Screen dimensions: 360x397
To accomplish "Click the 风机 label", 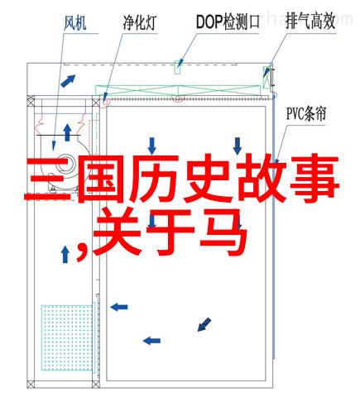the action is [x=75, y=23].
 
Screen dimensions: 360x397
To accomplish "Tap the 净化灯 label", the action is [x=140, y=22].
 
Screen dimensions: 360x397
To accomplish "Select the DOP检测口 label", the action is [x=228, y=22].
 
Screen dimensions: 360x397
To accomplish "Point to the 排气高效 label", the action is [x=310, y=22].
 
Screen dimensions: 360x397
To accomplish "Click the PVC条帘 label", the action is [x=306, y=114].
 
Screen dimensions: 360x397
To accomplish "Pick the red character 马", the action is [x=223, y=232].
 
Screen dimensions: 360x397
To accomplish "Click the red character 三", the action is [x=46, y=179].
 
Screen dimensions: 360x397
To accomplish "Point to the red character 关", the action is [x=118, y=233].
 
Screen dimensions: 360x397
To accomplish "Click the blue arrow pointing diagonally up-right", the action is [x=68, y=81].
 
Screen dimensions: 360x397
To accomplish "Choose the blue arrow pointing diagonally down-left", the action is [x=204, y=324].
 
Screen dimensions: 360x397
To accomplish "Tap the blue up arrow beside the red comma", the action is [x=65, y=254].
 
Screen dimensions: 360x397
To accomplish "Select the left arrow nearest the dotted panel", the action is [x=119, y=307].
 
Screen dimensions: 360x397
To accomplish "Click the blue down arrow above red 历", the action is [x=151, y=146].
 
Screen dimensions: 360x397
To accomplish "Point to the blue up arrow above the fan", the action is [x=67, y=132].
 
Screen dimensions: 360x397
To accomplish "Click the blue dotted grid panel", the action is [x=67, y=337].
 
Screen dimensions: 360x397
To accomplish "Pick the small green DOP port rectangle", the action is [x=178, y=67].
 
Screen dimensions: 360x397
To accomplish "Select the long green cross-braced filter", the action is [x=178, y=91].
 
